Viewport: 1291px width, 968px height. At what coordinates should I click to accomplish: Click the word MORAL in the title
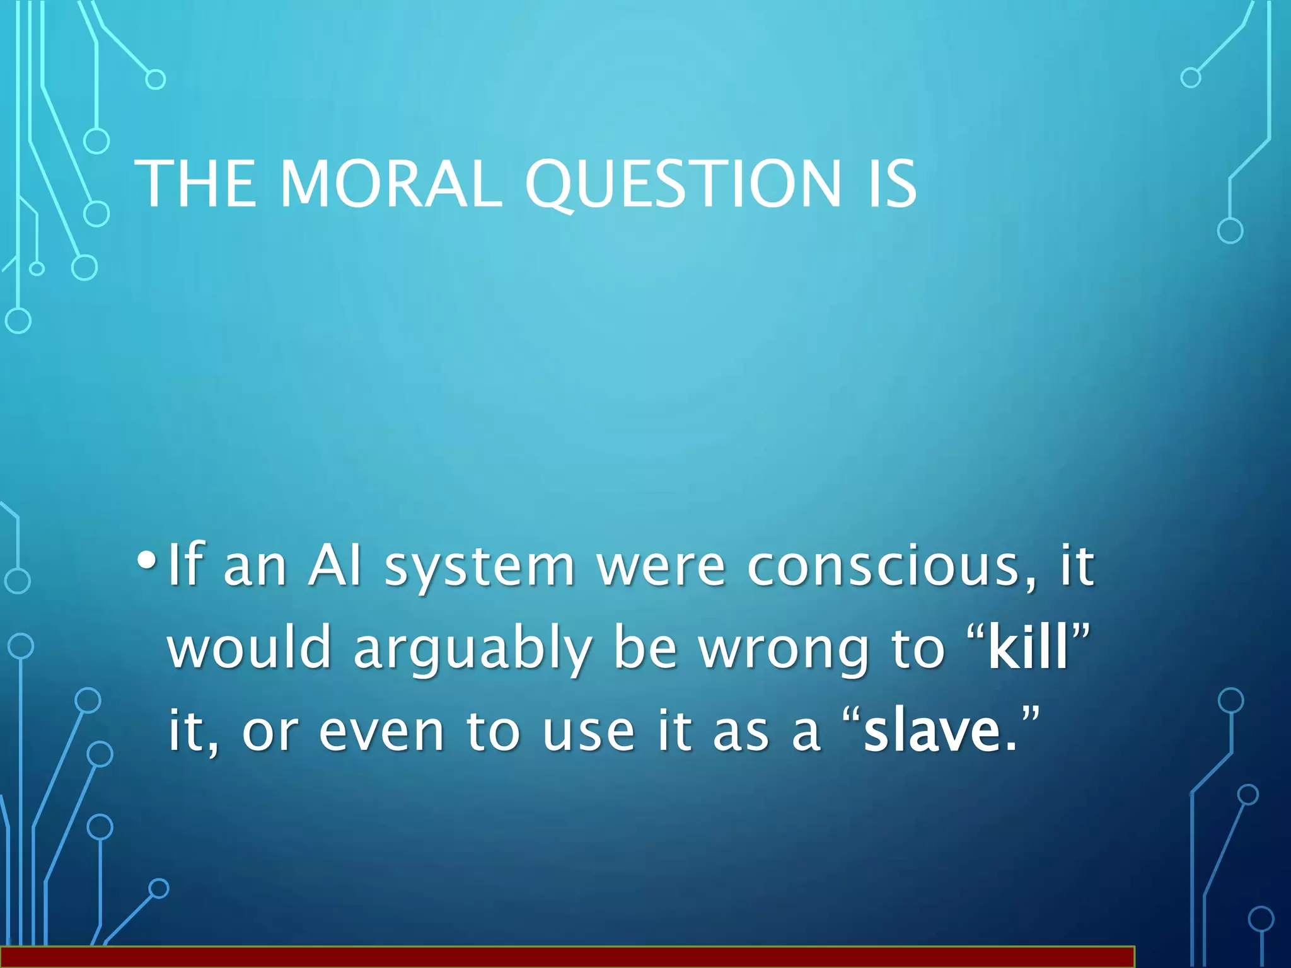(x=391, y=183)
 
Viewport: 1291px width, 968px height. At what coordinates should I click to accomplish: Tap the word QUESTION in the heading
(x=683, y=185)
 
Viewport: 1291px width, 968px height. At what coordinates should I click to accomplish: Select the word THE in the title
(x=195, y=183)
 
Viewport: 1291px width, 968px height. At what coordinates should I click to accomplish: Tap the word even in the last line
(x=381, y=732)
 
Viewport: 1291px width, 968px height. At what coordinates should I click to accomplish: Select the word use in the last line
(x=588, y=732)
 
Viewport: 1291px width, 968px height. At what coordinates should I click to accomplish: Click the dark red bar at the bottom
(x=567, y=957)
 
